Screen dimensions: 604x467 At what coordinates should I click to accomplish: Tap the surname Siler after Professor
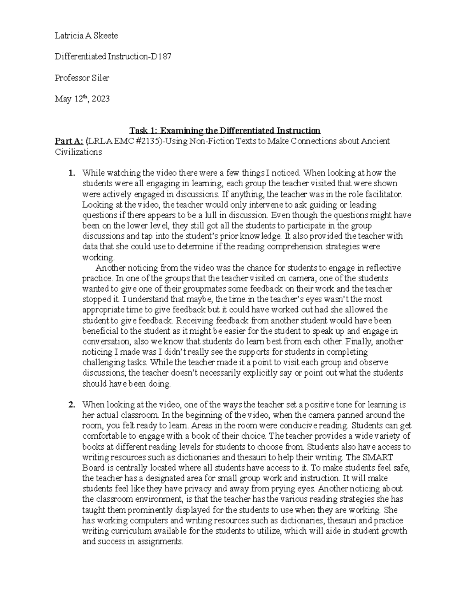point(100,78)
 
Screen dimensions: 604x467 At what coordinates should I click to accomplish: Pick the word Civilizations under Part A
point(78,152)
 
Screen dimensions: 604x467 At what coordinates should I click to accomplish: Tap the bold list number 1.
point(71,173)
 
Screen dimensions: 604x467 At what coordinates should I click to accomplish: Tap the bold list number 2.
point(71,405)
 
